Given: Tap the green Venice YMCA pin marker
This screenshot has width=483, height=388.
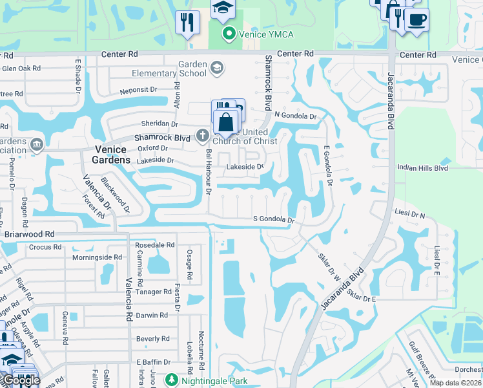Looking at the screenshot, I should click(228, 33).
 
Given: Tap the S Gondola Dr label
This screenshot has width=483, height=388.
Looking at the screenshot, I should click(273, 220).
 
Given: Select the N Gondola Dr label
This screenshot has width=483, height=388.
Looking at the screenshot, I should click(296, 116).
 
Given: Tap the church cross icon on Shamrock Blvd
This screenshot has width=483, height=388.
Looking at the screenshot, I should click(202, 136).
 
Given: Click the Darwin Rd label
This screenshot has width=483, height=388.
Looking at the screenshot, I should click(152, 316).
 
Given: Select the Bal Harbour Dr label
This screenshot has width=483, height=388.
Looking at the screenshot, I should click(209, 171).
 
